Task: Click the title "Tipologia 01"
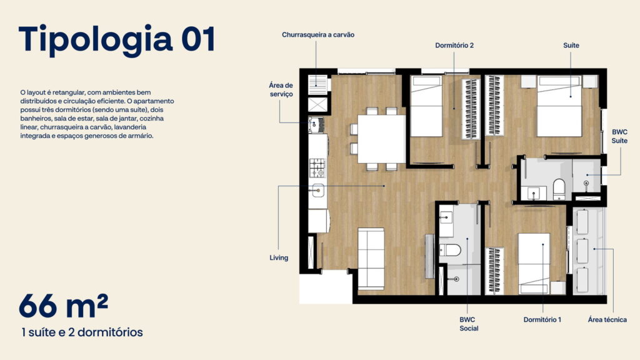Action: (x=117, y=39)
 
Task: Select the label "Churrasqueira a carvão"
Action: (x=318, y=35)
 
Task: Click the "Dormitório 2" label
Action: (x=454, y=45)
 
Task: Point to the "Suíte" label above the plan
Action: (x=571, y=45)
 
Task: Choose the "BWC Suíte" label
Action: (x=619, y=136)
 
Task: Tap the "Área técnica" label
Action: (x=607, y=319)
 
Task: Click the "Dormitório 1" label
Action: (x=542, y=319)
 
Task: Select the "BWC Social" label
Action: (x=469, y=324)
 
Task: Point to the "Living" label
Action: (x=279, y=257)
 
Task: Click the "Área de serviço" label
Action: (x=281, y=89)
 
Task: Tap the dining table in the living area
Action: (x=382, y=139)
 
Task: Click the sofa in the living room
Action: (x=371, y=259)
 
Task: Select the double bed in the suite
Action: (x=559, y=106)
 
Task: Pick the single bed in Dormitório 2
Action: (x=426, y=106)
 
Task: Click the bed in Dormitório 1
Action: (x=534, y=263)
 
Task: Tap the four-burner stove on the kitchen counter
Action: (x=317, y=167)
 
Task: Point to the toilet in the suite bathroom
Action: (x=559, y=189)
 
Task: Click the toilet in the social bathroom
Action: (x=450, y=250)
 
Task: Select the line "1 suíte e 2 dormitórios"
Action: (x=82, y=332)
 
